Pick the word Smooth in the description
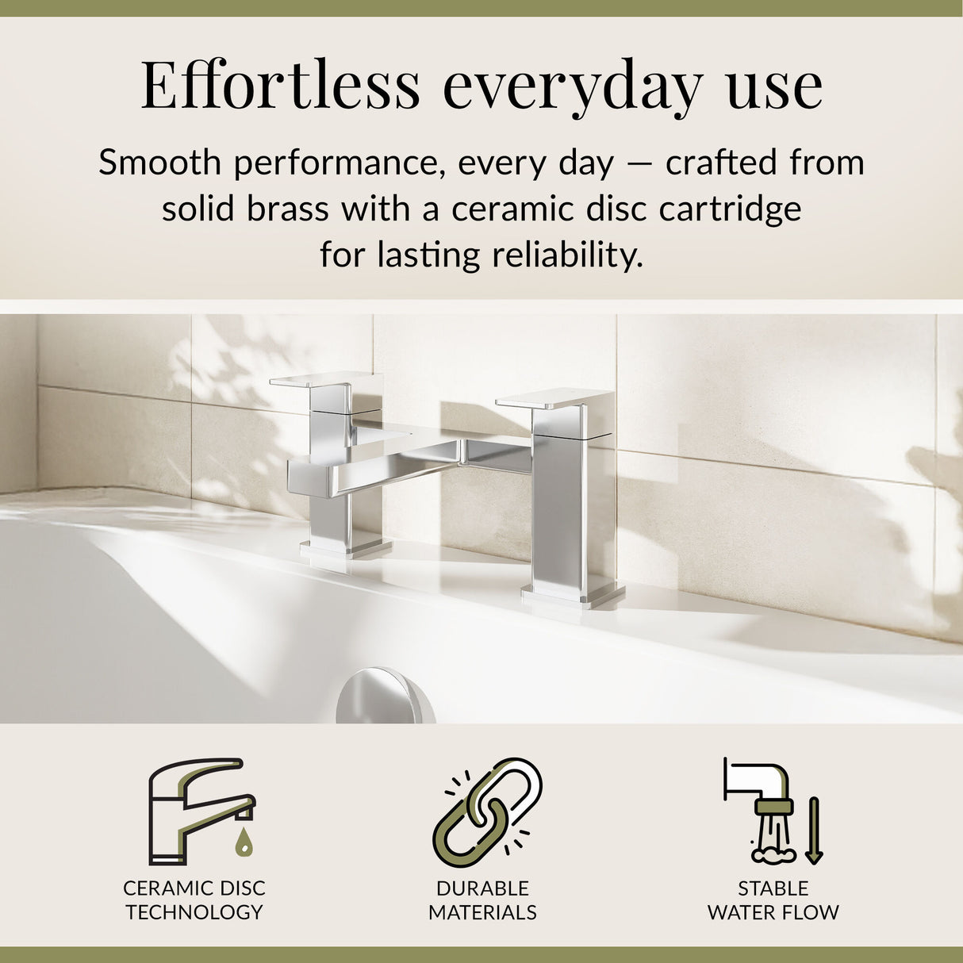coord(159,163)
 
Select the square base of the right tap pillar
coord(571,595)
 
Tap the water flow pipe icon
coord(762,809)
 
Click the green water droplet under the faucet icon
coord(244,845)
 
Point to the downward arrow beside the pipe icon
coord(813,831)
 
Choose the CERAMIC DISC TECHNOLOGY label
coord(194,900)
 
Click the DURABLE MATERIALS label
coord(482,900)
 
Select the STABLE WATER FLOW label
coord(773,900)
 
